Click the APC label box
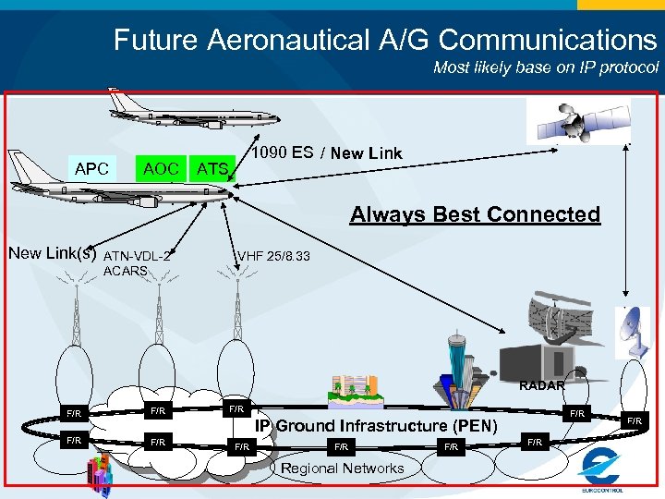click(92, 168)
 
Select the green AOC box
click(161, 167)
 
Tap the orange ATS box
click(212, 168)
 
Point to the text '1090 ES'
click(283, 152)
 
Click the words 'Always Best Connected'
click(475, 214)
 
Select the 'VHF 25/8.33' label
click(274, 256)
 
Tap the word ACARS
click(126, 271)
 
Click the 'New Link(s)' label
click(52, 252)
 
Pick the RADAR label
click(541, 385)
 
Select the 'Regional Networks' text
click(343, 469)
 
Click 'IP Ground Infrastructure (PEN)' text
click(376, 426)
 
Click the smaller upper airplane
click(189, 107)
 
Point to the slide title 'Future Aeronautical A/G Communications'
click(385, 40)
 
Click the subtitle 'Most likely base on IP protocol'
click(546, 67)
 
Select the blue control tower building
click(458, 365)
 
